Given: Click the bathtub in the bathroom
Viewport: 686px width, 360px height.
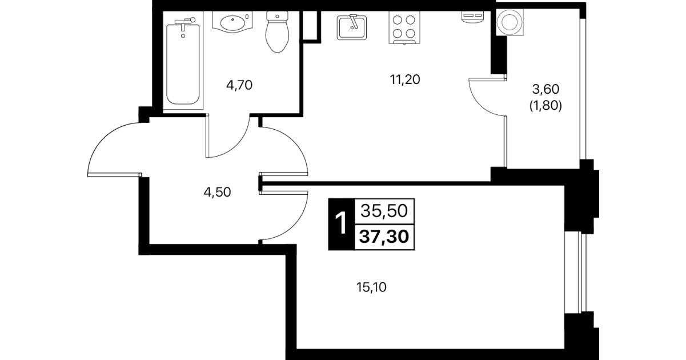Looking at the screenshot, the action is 183,61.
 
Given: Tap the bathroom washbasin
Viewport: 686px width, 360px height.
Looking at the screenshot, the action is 232,22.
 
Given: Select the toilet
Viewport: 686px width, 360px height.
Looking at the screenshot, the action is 278,31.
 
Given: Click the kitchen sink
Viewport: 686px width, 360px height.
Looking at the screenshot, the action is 352,27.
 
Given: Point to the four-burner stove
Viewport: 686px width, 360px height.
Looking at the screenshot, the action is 404,27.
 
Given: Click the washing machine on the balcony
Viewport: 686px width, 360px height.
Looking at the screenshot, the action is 510,22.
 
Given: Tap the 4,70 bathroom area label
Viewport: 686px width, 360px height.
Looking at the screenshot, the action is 239,85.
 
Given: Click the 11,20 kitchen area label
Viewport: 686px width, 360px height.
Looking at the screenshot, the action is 405,79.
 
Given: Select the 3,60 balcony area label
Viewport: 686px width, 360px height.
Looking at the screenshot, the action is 545,89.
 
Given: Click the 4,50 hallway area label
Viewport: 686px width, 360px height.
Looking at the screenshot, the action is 217,192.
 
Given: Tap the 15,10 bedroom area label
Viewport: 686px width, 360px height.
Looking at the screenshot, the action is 371,287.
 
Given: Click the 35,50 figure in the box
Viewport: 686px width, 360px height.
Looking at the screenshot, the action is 384,211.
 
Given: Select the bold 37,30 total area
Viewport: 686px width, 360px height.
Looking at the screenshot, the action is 384,237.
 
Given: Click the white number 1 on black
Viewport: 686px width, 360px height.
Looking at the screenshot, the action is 341,224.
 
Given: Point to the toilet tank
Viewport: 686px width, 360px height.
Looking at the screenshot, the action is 278,16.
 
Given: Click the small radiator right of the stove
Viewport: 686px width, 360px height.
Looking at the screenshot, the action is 473,17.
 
